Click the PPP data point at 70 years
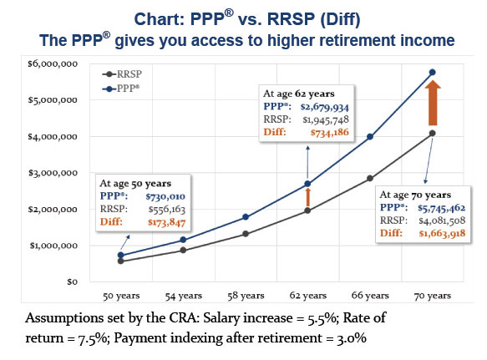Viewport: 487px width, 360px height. (x=433, y=73)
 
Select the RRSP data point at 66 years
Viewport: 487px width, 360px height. (x=370, y=178)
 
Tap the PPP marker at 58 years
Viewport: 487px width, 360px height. (x=246, y=217)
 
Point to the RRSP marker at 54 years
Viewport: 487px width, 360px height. (x=183, y=250)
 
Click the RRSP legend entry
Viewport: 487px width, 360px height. (x=122, y=74)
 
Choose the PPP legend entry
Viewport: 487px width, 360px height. (x=121, y=89)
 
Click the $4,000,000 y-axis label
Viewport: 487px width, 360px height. (x=53, y=137)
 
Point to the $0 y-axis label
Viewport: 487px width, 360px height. (x=72, y=281)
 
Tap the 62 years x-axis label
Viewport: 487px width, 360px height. (x=307, y=296)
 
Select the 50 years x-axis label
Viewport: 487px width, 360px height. (x=121, y=296)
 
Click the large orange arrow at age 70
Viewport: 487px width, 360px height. (x=433, y=103)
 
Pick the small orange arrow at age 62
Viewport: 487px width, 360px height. (x=307, y=197)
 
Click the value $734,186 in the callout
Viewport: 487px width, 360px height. (x=329, y=132)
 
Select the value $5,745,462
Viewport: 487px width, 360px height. (x=441, y=208)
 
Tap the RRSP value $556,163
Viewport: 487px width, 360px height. (x=167, y=210)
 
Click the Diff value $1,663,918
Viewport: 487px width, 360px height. (x=442, y=233)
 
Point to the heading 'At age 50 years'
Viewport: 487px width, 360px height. (x=135, y=184)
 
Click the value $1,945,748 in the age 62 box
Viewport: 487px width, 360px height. (x=326, y=119)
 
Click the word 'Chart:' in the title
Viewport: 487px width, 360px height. (x=160, y=19)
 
